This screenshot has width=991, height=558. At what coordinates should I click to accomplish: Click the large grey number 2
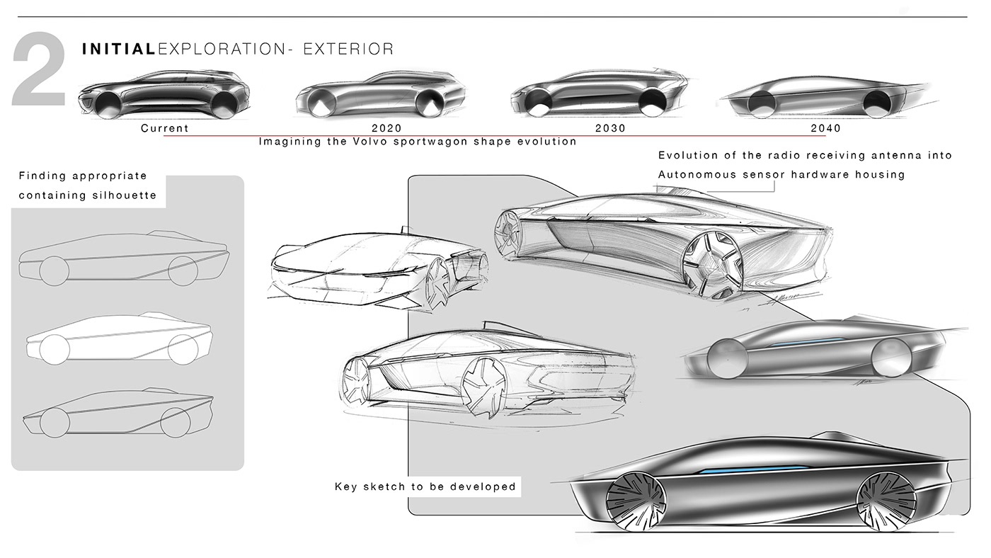(39, 75)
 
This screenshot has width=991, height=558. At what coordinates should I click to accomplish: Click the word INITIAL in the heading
(118, 49)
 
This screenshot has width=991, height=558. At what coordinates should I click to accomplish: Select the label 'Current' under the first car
(165, 128)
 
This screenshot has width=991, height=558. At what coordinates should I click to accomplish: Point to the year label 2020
(386, 128)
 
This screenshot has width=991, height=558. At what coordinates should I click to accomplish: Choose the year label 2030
(611, 128)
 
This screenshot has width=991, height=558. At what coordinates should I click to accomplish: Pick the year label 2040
(826, 128)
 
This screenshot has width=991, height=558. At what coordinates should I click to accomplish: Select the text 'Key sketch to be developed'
(425, 487)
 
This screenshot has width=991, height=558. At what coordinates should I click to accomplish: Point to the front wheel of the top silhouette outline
(54, 270)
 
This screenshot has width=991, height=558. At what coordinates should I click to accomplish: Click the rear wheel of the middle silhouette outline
(183, 347)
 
